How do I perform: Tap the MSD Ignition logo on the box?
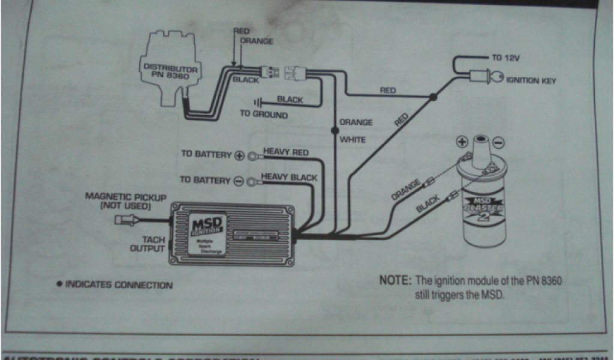pos(207,225)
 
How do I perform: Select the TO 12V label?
pos(505,58)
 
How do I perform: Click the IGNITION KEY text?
pos(530,80)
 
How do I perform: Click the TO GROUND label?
pos(264,114)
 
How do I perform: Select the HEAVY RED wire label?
pos(286,152)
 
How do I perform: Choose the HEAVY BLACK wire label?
pos(290,178)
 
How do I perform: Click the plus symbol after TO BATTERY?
pos(239,155)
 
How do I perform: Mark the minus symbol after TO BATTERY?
pos(238,181)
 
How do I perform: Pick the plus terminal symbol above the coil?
pos(462,142)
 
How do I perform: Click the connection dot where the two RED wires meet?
pos(433,97)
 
